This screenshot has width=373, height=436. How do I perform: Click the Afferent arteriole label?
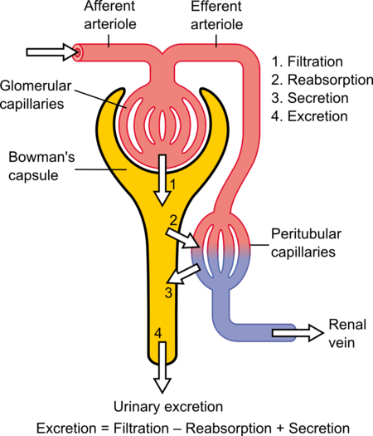(x=110, y=15)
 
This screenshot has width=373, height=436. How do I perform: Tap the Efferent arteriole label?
(x=216, y=15)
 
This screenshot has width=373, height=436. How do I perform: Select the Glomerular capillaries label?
(x=36, y=95)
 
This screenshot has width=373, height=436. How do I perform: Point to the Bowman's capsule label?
(x=41, y=166)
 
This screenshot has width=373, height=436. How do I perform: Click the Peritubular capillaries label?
(x=306, y=242)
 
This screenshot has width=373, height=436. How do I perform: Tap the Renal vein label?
(x=347, y=333)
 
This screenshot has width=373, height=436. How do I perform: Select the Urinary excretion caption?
(x=168, y=407)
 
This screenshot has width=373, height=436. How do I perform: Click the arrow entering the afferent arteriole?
(x=51, y=52)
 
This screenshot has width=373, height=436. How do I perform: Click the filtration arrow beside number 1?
(x=162, y=180)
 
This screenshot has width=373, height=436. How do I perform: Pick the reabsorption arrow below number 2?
(x=182, y=238)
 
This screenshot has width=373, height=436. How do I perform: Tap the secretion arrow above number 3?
(x=184, y=274)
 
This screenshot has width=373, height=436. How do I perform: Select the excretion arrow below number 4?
(x=162, y=367)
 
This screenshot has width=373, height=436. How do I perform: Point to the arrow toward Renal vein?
(x=298, y=333)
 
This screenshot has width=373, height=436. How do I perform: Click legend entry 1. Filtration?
(x=308, y=61)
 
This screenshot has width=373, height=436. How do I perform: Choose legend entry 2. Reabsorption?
(x=322, y=80)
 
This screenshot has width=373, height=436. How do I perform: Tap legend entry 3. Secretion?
(x=310, y=98)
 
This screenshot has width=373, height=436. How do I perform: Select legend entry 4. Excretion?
(x=309, y=116)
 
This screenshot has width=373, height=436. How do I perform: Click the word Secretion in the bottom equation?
(x=319, y=429)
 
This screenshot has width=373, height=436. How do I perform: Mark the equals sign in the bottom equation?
(x=104, y=429)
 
